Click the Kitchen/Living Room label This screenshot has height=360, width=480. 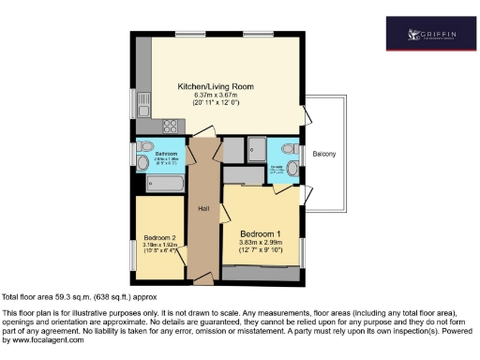coord(223,86)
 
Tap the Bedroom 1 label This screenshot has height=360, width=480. coord(261,233)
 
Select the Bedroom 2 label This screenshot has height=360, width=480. coord(160,237)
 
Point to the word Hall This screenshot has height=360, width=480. coord(202,210)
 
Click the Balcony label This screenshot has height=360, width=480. coord(324,154)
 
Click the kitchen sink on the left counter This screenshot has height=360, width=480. coord(143,100)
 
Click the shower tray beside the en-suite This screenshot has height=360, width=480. coord(255,149)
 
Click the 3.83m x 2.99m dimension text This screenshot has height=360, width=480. coord(261,243)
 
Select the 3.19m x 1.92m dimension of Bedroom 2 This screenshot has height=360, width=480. coord(160,246)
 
